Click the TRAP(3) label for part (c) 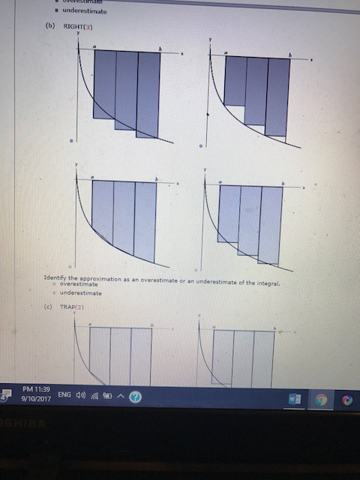coord(73,307)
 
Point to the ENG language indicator coord(64,394)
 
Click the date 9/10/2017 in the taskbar coord(36,400)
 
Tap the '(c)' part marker coord(48,307)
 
